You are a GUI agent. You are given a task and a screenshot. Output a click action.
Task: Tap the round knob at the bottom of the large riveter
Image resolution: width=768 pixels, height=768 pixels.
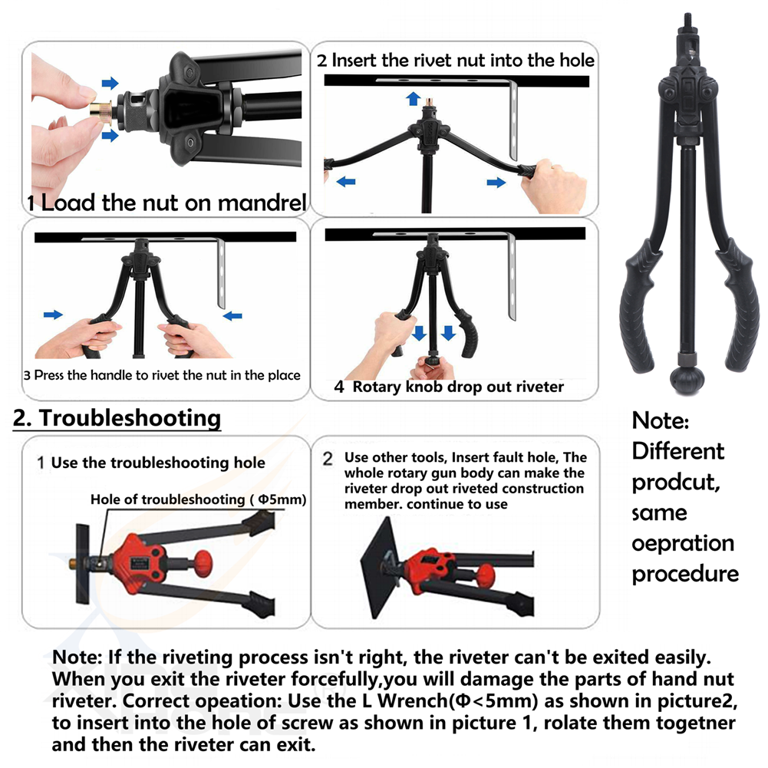pyautogui.click(x=687, y=377)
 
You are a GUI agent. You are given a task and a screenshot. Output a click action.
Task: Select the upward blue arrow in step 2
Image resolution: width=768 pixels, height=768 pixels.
pyautogui.click(x=414, y=98)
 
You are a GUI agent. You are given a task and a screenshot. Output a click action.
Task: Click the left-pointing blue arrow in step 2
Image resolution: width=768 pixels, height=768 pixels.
pyautogui.click(x=346, y=182)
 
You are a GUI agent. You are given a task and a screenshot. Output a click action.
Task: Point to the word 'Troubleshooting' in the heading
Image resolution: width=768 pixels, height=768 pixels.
pyautogui.click(x=130, y=418)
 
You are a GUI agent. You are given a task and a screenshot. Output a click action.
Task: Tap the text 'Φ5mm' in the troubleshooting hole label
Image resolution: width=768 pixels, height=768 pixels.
pyautogui.click(x=280, y=499)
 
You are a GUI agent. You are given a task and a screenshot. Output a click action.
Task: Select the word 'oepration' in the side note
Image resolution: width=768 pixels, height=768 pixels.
pyautogui.click(x=683, y=544)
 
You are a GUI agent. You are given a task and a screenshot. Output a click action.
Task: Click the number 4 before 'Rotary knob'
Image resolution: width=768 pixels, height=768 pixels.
pyautogui.click(x=339, y=387)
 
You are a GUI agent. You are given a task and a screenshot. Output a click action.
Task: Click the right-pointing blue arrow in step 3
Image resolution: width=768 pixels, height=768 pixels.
pyautogui.click(x=53, y=315)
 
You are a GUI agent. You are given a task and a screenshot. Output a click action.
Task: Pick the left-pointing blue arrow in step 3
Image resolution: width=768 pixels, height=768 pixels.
pyautogui.click(x=232, y=316)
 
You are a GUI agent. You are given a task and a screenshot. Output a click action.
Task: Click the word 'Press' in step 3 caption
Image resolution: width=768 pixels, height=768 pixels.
pyautogui.click(x=49, y=376)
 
